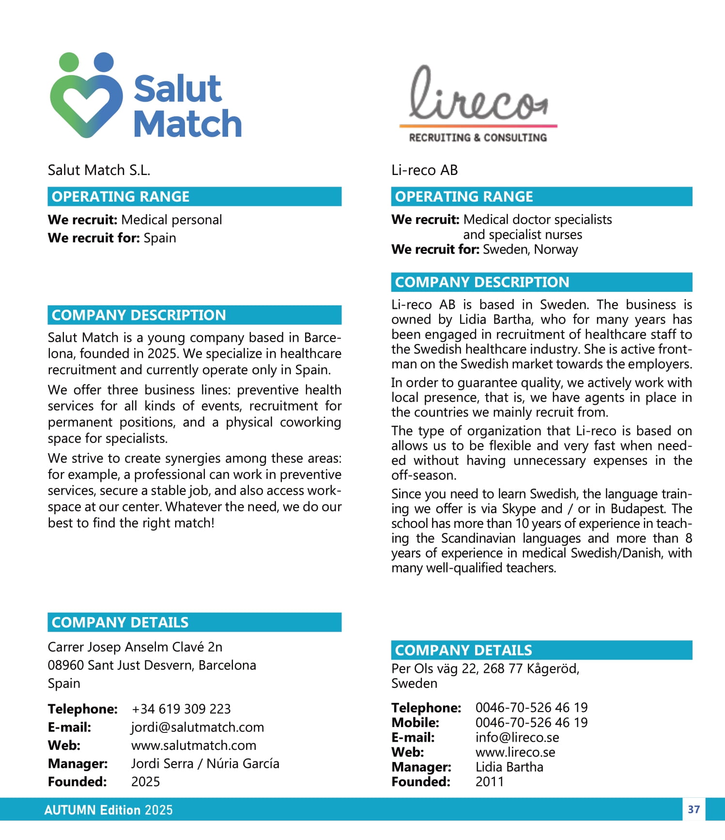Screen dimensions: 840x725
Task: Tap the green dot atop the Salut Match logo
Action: coord(69,62)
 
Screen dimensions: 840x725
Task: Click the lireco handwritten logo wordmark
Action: coord(478,95)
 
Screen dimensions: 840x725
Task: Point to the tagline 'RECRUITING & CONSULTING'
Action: coord(478,138)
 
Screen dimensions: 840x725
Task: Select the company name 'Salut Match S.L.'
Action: coord(99,170)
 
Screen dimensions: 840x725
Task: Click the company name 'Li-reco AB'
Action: coord(424,170)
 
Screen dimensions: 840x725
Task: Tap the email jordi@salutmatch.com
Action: coord(197,727)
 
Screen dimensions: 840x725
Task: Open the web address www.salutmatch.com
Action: coord(193,745)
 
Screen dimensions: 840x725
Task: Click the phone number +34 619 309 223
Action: coord(181,709)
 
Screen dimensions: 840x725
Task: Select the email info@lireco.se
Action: coord(517,737)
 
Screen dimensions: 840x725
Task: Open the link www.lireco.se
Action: coord(515,752)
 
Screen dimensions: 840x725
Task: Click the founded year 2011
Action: coord(489,781)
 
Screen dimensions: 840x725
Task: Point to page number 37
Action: coord(694,809)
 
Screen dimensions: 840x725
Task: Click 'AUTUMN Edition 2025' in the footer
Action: coord(108,810)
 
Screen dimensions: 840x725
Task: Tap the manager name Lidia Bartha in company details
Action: coord(509,767)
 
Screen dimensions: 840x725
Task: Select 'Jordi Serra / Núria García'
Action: coord(205,763)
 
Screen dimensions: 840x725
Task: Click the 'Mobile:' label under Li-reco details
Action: coord(415,722)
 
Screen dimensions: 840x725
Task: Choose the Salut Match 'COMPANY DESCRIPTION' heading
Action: coord(139,315)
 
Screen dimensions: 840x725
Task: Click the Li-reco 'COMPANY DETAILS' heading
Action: coord(463,650)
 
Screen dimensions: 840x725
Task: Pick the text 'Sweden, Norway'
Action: coord(530,249)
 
